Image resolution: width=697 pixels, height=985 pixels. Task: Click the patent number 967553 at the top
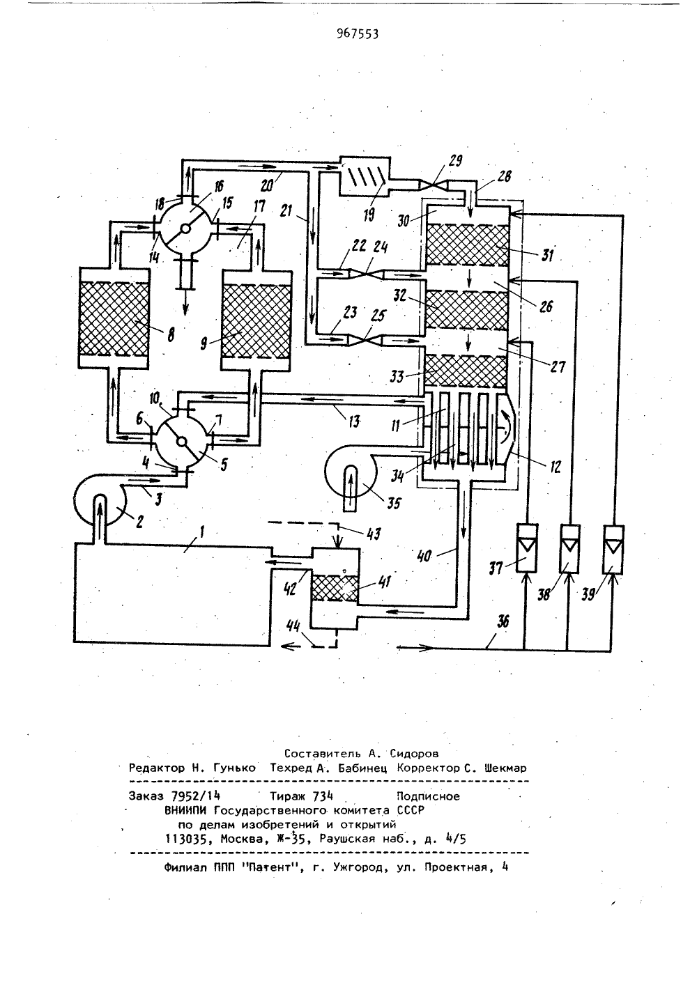click(x=358, y=34)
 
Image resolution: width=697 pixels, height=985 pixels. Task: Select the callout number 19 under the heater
click(x=369, y=214)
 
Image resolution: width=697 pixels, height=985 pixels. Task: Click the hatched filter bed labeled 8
click(x=113, y=319)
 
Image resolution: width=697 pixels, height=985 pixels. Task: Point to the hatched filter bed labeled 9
click(x=256, y=321)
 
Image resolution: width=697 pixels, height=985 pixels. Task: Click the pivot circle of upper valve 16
click(x=186, y=228)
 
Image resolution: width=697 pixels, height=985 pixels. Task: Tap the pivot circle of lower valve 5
click(x=182, y=442)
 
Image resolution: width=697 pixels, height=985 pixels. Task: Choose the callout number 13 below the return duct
click(x=353, y=421)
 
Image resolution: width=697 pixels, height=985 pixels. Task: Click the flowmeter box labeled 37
click(x=527, y=548)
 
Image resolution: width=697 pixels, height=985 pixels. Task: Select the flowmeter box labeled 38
click(x=569, y=549)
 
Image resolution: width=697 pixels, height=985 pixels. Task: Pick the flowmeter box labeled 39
click(x=613, y=550)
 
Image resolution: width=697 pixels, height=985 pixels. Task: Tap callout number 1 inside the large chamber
click(x=202, y=534)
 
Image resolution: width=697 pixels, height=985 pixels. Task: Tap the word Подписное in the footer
click(x=428, y=796)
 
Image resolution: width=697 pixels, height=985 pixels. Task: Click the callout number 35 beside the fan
click(x=393, y=503)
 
